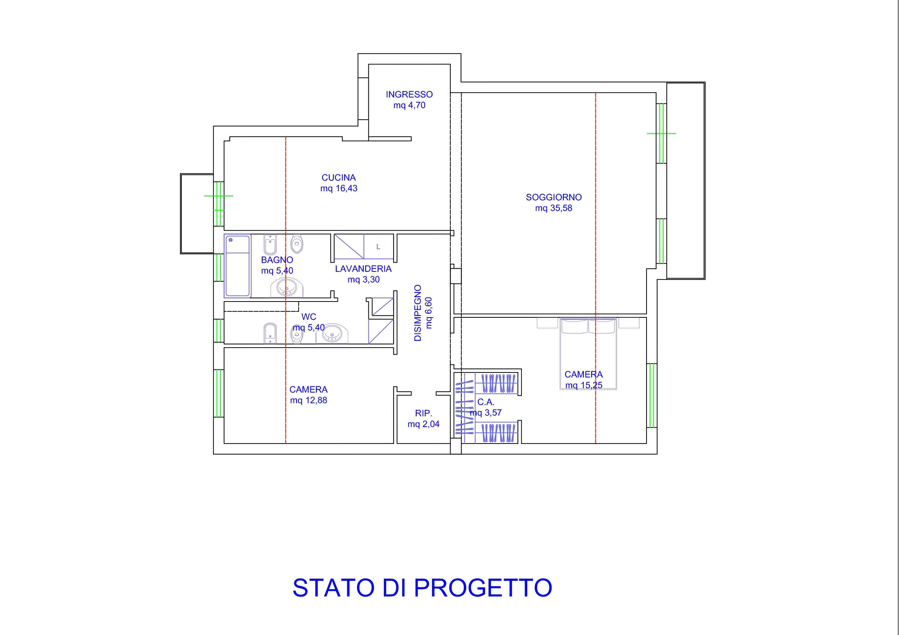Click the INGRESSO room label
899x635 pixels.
[409, 94]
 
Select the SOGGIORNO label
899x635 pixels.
[554, 197]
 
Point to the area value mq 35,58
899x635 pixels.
[554, 208]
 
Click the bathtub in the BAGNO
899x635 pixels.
[237, 266]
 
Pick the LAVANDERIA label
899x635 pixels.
[363, 269]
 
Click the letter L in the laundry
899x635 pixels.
[378, 247]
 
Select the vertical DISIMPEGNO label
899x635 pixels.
[418, 313]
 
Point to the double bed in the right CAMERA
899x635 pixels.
[588, 354]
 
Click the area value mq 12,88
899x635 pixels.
[308, 400]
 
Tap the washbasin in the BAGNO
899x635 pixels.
[287, 288]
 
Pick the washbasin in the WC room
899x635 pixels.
[332, 334]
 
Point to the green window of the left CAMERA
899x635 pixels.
[219, 393]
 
